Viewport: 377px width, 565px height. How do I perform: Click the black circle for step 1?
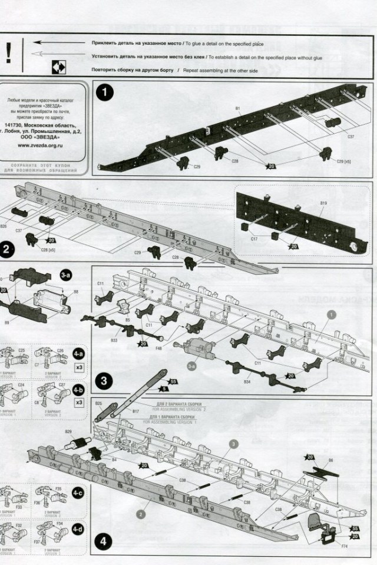pos(105,94)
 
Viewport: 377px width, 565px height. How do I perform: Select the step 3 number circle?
pos(104,380)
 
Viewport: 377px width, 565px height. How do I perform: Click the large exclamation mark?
pos(8,54)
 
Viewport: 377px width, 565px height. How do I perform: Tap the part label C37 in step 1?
pos(350,136)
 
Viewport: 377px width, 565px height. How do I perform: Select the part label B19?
pos(323,203)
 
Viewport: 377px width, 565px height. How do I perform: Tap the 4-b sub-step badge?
pos(78,390)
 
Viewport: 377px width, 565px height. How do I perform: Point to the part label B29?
pos(68,432)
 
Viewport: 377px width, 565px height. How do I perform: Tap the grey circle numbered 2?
pos(141,513)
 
